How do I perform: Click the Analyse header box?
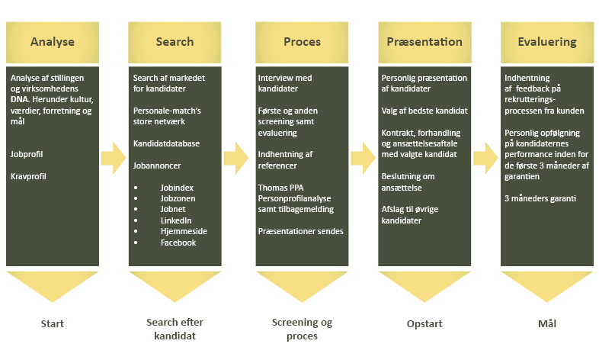(x=52, y=42)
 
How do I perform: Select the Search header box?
(x=175, y=42)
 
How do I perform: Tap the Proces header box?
(x=301, y=42)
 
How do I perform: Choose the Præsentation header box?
(x=424, y=42)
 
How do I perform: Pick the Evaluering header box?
(x=546, y=42)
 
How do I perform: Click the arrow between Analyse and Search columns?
(x=113, y=158)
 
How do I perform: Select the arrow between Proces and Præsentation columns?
(x=361, y=158)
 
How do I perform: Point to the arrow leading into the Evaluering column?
(x=485, y=158)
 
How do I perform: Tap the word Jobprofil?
(x=27, y=154)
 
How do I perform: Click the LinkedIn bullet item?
(x=176, y=220)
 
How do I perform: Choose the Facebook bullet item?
(x=178, y=242)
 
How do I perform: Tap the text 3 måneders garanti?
(x=540, y=198)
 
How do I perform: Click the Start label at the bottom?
(x=52, y=323)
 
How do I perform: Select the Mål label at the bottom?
(x=546, y=323)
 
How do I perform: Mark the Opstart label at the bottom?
(x=424, y=323)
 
